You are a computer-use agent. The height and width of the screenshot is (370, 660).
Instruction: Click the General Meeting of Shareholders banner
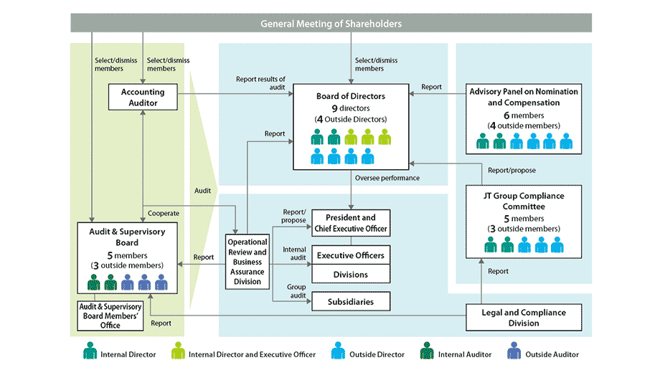[x=331, y=24]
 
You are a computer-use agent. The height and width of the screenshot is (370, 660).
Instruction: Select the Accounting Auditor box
[x=143, y=98]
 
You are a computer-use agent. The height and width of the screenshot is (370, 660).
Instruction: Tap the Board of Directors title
[x=351, y=96]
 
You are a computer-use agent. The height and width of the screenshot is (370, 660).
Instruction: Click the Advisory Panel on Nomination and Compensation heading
[x=523, y=97]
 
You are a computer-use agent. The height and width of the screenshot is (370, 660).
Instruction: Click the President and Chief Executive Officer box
[x=351, y=223]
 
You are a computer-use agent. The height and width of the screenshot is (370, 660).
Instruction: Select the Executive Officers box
[x=351, y=255]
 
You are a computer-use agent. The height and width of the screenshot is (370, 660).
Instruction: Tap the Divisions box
[x=351, y=274]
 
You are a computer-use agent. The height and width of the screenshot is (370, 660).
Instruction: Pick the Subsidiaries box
[x=351, y=302]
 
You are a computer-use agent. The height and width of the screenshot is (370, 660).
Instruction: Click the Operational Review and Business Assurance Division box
[x=247, y=262]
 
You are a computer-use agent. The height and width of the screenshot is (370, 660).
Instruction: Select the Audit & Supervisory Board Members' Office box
[x=110, y=316]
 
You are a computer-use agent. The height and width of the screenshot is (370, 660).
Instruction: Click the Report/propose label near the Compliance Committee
[x=511, y=171]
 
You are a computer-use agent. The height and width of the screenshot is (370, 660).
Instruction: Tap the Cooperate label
[x=163, y=213]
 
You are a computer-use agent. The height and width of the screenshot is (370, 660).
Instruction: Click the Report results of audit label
[x=260, y=82]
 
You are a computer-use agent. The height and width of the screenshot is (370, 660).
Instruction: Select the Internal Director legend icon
[x=90, y=351]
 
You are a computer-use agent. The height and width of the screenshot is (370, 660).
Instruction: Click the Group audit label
[x=296, y=291]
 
